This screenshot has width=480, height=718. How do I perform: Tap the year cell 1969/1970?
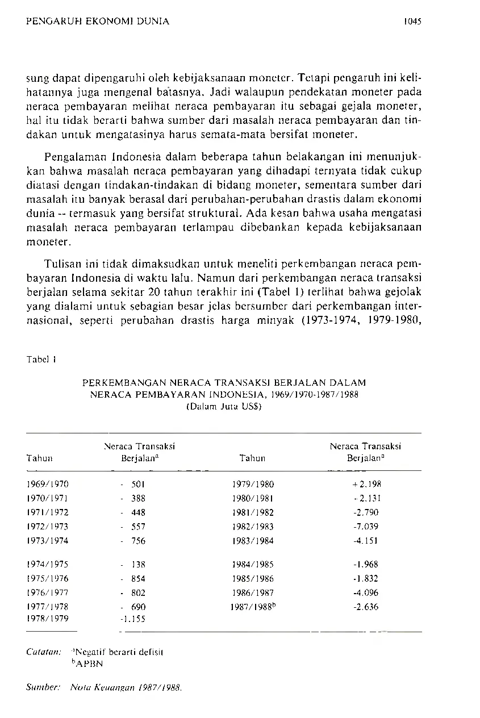click(x=47, y=485)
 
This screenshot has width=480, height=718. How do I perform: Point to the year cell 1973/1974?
click(x=47, y=541)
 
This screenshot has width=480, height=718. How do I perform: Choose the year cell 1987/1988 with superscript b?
click(x=253, y=607)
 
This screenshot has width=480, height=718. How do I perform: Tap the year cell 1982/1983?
click(x=253, y=527)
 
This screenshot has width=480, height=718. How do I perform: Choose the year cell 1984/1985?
click(x=253, y=565)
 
